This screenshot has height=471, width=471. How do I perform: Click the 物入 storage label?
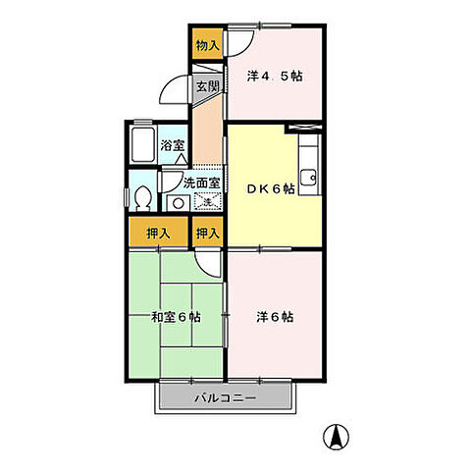[206, 45]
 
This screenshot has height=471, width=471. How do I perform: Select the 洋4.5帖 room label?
[276, 75]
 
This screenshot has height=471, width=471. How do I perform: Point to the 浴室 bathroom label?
[173, 148]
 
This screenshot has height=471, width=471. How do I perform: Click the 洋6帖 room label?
[275, 317]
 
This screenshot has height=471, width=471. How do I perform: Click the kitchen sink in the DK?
[311, 177]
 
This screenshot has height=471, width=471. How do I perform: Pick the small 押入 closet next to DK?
[206, 234]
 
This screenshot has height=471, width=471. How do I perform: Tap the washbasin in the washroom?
[179, 203]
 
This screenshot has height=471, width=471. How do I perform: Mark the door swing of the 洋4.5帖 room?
[239, 41]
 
